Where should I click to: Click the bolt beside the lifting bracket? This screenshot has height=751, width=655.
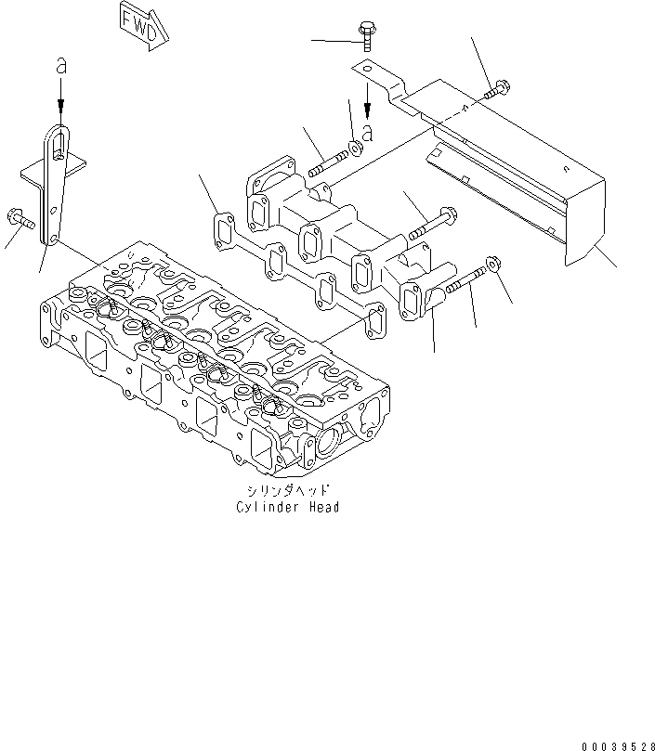pos(21,219)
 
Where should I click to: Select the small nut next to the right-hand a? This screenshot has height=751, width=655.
pos(355,148)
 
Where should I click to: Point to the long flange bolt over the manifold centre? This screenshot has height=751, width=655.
pos(428,219)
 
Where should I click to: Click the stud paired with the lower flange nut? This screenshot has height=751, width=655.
pos(464,279)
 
